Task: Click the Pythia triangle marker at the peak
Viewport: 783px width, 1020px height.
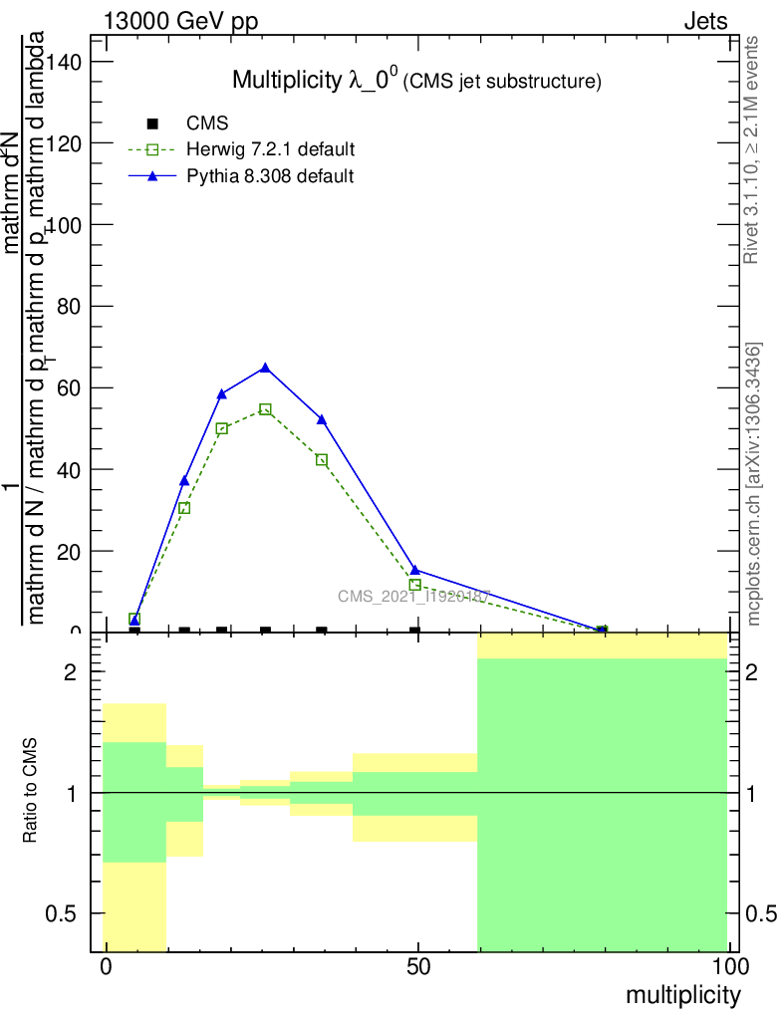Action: coord(265,368)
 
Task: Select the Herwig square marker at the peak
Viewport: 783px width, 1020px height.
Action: coord(265,409)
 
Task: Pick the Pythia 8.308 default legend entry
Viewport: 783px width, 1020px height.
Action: coord(270,176)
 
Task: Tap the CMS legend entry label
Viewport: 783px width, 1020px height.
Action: coord(208,124)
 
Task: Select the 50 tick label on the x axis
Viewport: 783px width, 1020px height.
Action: coord(418,967)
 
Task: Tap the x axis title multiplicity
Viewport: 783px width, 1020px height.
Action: coord(682,995)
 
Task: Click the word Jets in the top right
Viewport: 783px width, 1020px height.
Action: coord(705,22)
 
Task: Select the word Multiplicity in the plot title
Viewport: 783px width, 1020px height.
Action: coord(287,80)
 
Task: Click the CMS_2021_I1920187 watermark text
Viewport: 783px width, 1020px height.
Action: coord(413,597)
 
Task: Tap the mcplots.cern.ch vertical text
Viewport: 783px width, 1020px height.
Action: coord(755,484)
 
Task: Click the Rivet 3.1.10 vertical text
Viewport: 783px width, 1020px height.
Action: coord(753,149)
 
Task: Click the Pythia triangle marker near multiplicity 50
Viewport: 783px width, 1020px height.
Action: coord(415,570)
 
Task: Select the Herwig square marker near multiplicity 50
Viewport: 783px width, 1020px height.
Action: coord(415,585)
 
